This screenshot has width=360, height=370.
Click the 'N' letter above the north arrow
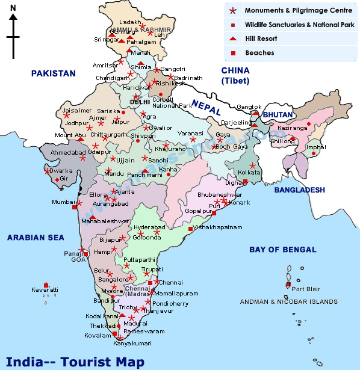click(x=13, y=8)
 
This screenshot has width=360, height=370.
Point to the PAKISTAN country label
click(x=54, y=73)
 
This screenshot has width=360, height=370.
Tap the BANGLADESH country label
click(x=299, y=190)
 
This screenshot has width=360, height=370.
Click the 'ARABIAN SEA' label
click(x=35, y=238)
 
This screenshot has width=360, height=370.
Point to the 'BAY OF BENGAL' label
click(x=283, y=249)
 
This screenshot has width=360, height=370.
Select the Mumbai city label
click(x=63, y=202)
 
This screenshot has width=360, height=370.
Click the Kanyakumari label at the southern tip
click(x=117, y=344)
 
